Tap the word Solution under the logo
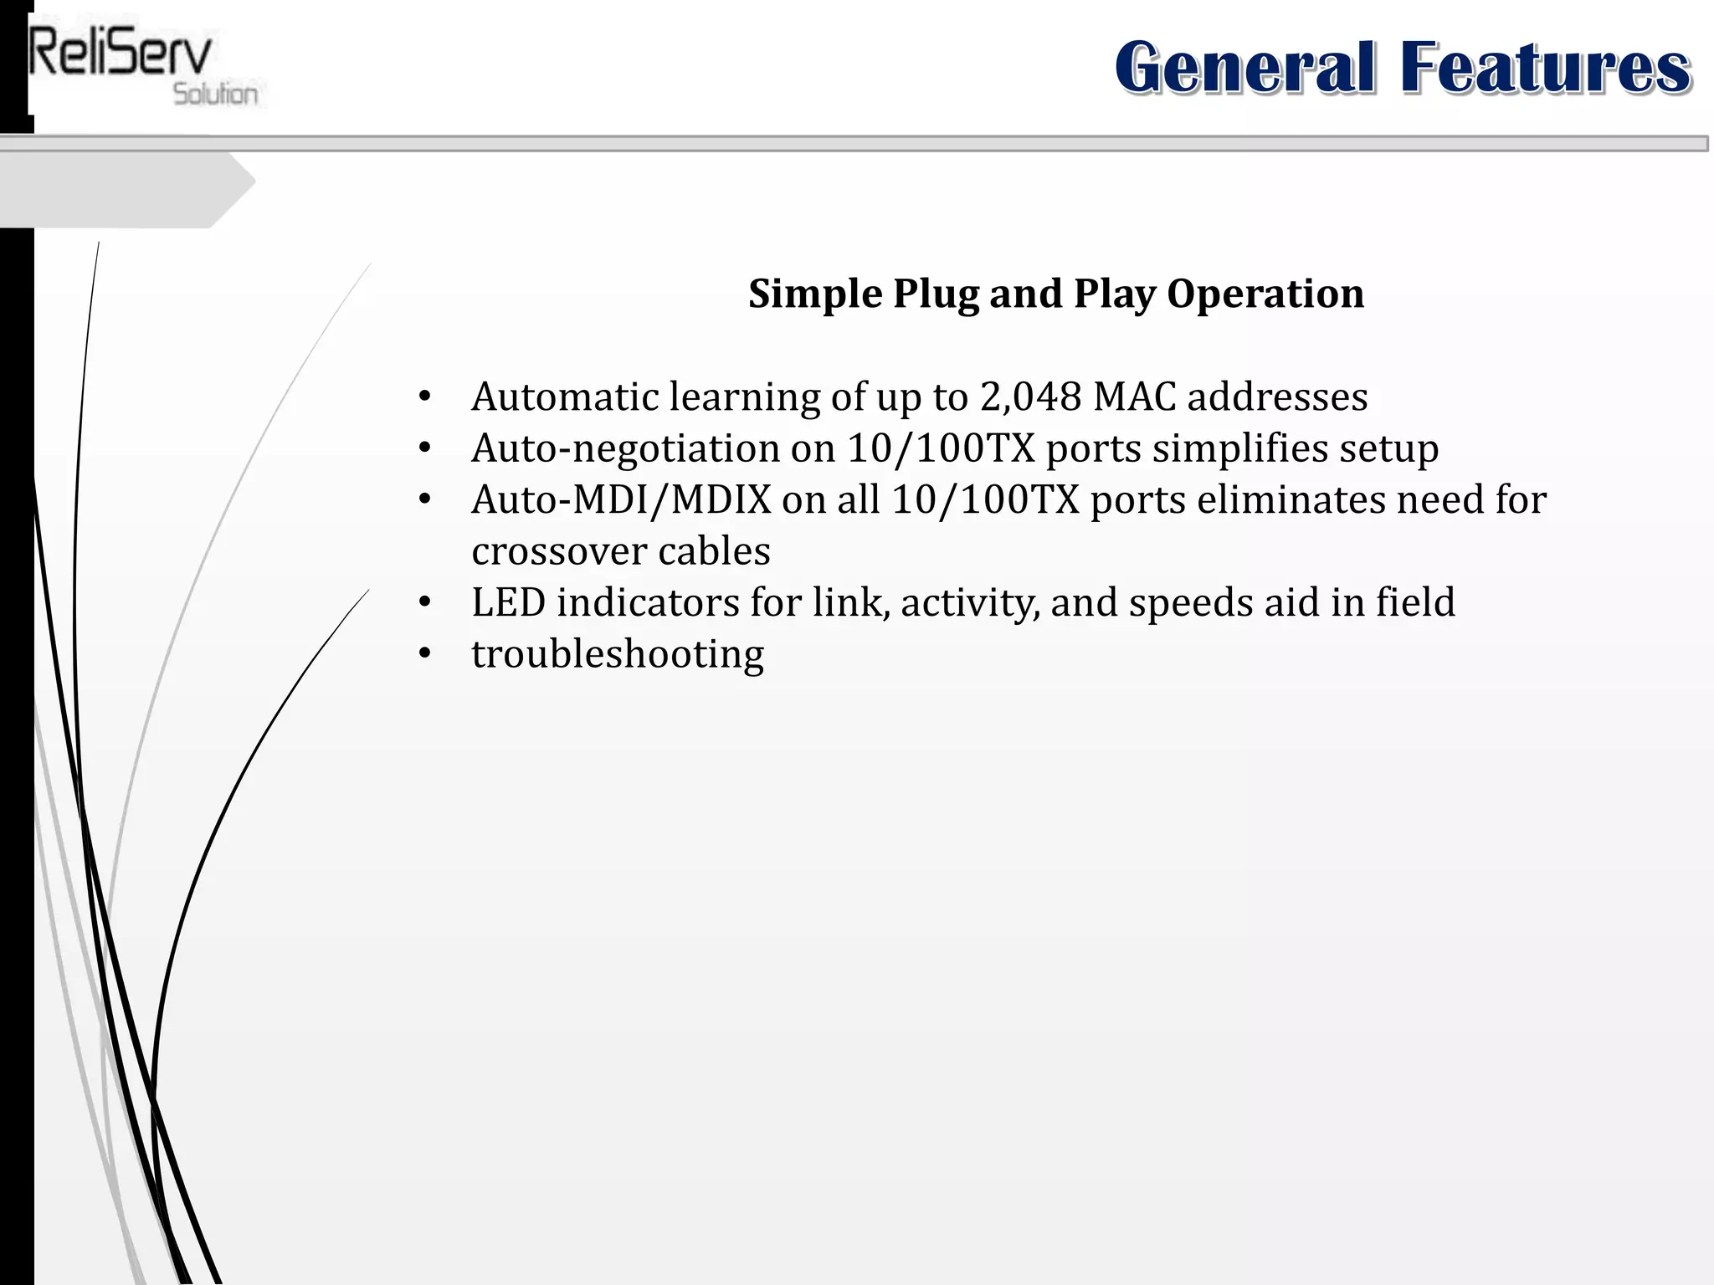coord(215,94)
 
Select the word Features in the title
coord(1545,68)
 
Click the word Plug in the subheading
coord(936,294)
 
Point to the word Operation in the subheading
coord(1265,294)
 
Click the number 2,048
coord(1030,397)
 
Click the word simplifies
coord(1239,448)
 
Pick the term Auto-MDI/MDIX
coord(620,500)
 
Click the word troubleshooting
coord(618,654)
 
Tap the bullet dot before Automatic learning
coord(424,397)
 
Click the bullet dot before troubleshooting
coord(424,654)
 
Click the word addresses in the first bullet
coord(1277,397)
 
